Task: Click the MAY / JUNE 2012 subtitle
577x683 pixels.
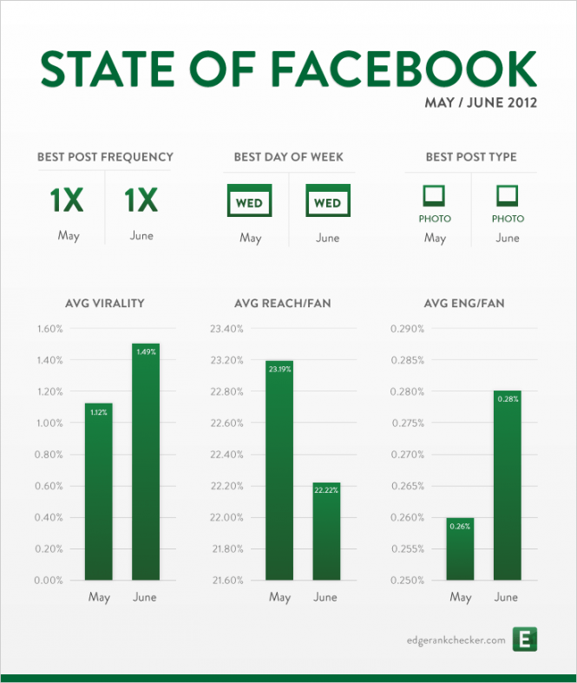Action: (481, 103)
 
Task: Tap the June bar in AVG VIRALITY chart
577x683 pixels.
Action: (146, 460)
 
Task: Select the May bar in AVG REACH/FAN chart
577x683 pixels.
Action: (279, 469)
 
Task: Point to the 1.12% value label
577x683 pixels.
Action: (99, 412)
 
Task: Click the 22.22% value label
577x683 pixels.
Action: (326, 491)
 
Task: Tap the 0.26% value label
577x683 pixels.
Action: (460, 526)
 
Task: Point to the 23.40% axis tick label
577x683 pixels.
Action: (226, 329)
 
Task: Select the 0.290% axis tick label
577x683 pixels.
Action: (407, 329)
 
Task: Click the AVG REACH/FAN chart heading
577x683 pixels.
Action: (282, 304)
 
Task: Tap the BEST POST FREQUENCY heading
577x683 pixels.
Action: (105, 157)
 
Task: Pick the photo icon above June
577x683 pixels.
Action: (508, 194)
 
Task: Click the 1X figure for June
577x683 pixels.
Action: (141, 201)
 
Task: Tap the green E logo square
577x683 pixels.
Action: (526, 640)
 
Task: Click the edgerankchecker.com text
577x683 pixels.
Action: (456, 640)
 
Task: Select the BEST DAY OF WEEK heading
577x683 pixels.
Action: (288, 157)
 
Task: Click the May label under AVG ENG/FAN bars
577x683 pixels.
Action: (461, 597)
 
